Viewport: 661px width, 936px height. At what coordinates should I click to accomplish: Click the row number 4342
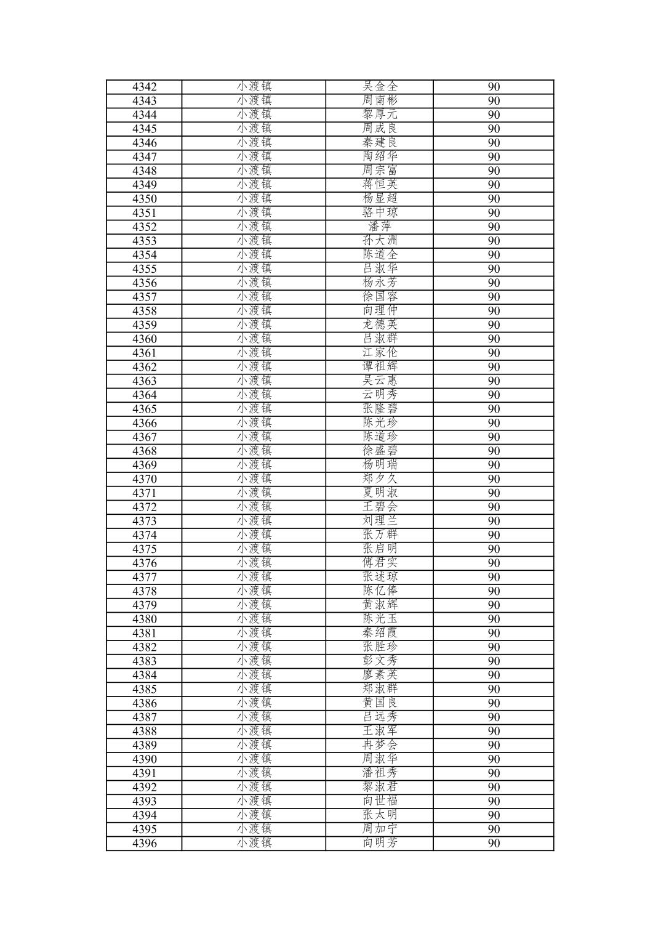pos(144,87)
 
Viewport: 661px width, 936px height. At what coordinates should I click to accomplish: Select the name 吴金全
pos(380,87)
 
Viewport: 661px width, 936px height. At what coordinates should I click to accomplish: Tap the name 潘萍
pos(380,227)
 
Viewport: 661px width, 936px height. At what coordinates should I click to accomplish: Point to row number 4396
pos(144,844)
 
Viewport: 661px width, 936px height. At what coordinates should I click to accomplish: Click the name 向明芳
pos(380,844)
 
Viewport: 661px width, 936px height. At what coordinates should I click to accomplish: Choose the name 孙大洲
pos(380,241)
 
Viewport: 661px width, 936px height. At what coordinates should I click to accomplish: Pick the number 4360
pos(144,339)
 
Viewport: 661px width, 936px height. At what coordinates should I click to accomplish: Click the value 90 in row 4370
pos(494,479)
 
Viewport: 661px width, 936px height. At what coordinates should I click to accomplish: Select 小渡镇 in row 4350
pos(254,199)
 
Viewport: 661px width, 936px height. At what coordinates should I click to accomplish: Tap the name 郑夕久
pos(380,479)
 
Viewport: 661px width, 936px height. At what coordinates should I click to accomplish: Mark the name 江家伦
pos(380,353)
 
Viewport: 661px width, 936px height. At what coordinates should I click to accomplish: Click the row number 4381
pos(144,633)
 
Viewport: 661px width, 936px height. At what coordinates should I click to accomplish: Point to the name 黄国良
pos(380,703)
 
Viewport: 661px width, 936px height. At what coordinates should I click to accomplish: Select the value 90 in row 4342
pos(494,87)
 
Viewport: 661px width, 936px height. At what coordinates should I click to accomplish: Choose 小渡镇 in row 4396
pos(254,844)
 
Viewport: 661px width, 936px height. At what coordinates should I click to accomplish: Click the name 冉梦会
pos(380,745)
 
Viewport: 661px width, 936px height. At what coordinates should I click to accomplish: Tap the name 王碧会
pos(380,507)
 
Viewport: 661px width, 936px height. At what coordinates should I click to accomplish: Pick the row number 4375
pos(144,549)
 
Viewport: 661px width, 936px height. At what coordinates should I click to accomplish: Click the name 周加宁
pos(380,829)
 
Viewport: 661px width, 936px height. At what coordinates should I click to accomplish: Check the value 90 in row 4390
pos(494,759)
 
